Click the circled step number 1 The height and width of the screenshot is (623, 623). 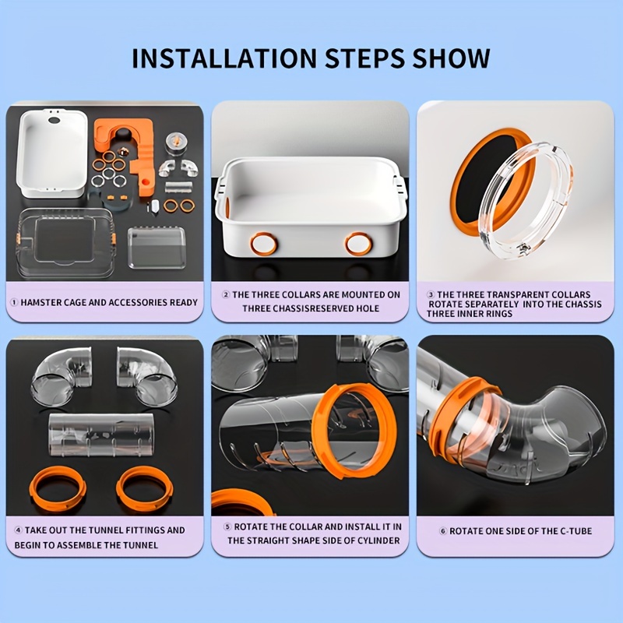(14, 302)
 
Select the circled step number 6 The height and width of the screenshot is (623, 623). (443, 531)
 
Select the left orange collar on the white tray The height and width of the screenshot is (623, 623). (262, 245)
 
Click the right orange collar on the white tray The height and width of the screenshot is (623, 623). (358, 245)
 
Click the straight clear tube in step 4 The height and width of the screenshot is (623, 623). (101, 435)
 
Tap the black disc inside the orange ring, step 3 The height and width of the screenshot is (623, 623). (487, 174)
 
